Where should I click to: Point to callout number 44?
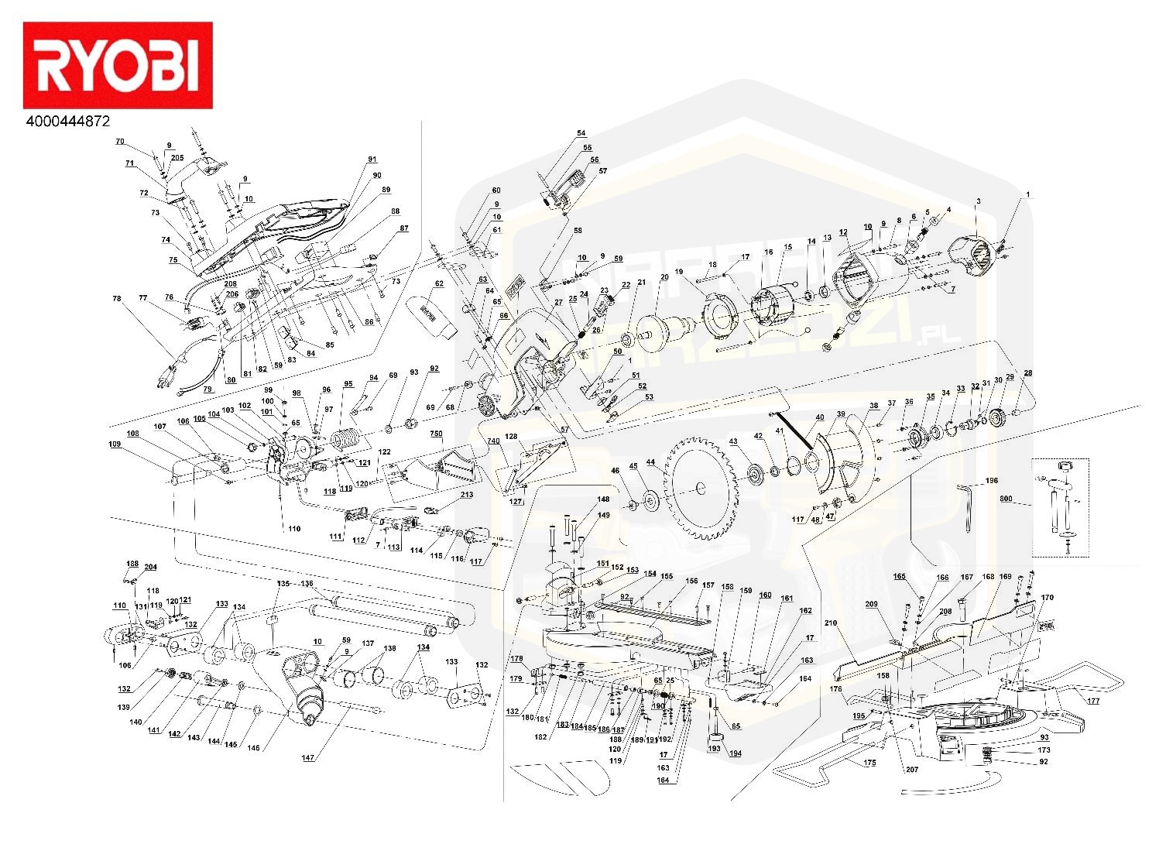650,462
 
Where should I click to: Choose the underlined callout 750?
437,434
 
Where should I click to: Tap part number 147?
308,758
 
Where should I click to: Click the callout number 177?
1092,701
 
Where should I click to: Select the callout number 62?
439,284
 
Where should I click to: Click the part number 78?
117,297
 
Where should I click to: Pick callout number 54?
581,133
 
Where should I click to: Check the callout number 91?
372,160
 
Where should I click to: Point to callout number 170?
1048,597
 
